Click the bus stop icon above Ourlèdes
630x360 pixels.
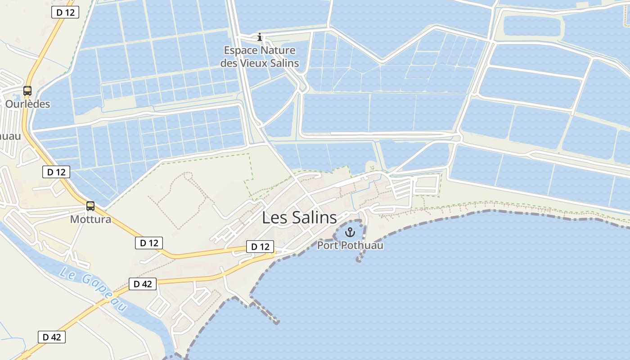click(x=27, y=91)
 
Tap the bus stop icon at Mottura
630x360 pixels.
click(x=90, y=206)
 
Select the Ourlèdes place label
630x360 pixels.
click(x=27, y=104)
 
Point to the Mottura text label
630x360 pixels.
click(x=90, y=220)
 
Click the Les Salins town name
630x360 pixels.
click(x=299, y=218)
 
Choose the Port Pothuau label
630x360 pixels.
click(x=350, y=245)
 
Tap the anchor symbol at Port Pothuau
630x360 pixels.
click(x=350, y=233)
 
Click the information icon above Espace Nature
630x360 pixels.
click(x=259, y=37)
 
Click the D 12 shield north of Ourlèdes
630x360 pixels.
click(x=66, y=13)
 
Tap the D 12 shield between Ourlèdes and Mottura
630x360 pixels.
click(x=56, y=171)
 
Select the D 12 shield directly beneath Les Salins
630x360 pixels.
click(x=260, y=247)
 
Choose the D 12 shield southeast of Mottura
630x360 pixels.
click(x=149, y=243)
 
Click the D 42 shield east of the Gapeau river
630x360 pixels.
click(x=143, y=284)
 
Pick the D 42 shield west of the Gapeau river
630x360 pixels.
click(x=52, y=337)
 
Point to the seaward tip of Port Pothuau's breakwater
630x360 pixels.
click(x=359, y=260)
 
